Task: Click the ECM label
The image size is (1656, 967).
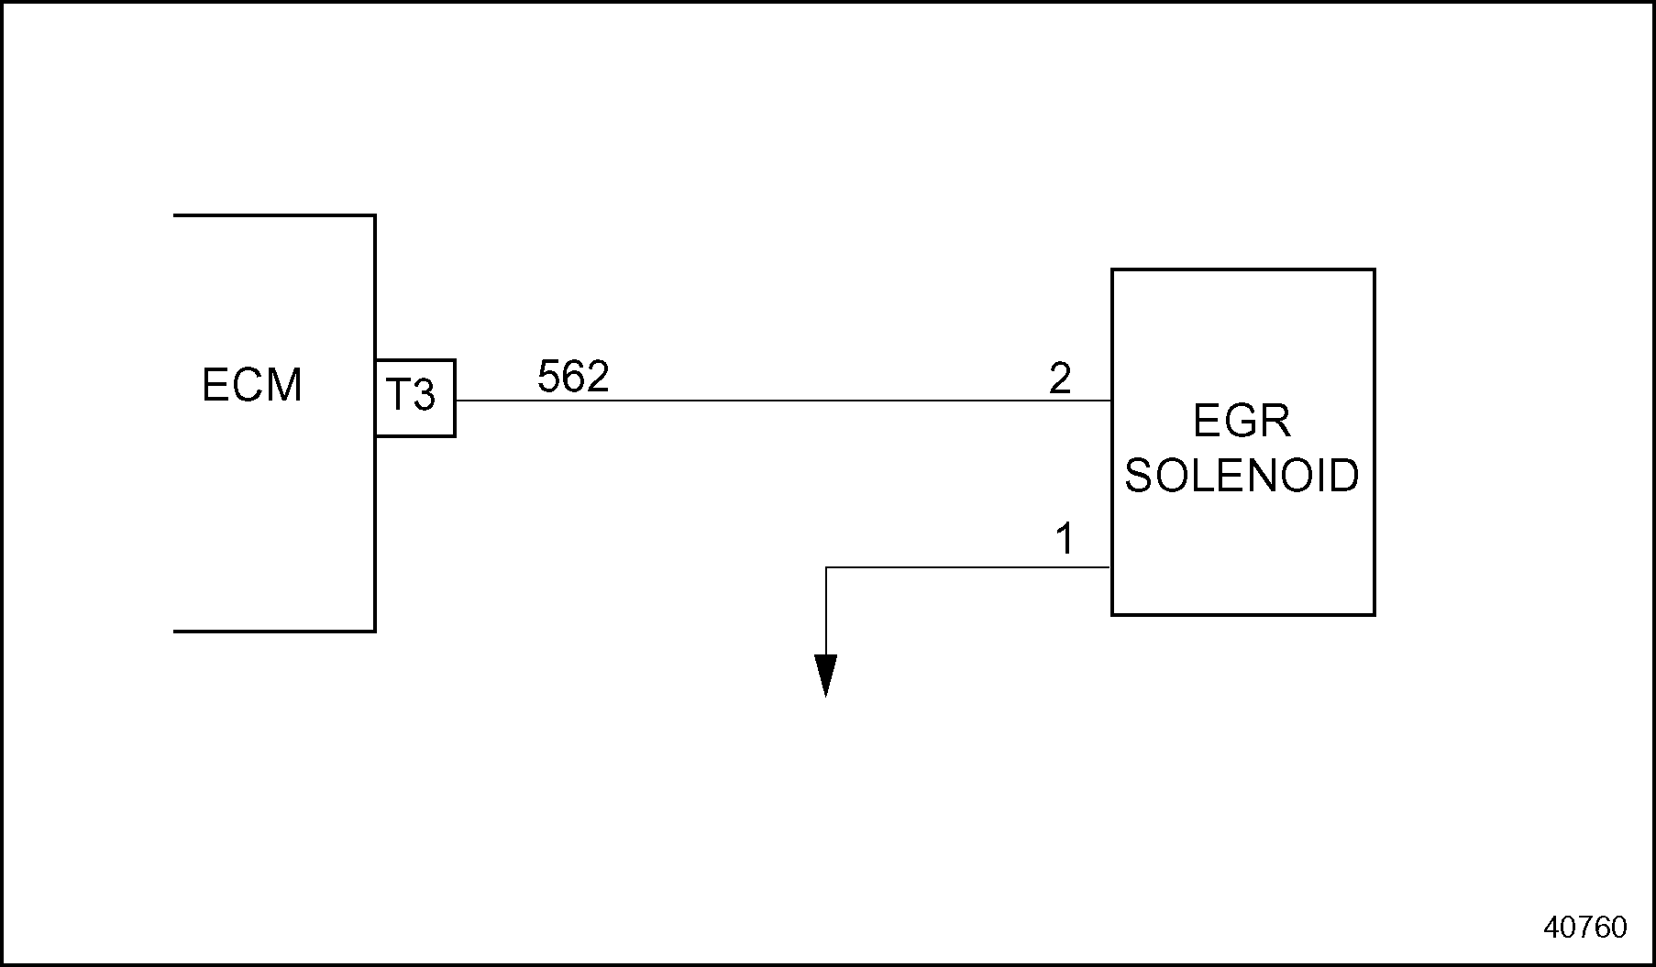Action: (251, 385)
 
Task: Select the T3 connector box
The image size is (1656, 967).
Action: (414, 398)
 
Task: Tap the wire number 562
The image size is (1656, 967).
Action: (573, 377)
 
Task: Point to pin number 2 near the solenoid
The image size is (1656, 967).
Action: (1060, 379)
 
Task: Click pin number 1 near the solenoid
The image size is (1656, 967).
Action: (1065, 540)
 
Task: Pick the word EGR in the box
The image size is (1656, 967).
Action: (1242, 422)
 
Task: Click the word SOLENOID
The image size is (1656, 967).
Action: (1242, 476)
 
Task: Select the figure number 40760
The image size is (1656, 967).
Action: (1585, 928)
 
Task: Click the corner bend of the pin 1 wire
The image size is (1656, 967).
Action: (826, 567)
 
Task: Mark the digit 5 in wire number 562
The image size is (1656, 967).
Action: (549, 377)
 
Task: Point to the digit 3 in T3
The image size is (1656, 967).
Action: (423, 396)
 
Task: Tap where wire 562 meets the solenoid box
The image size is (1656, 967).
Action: (1111, 401)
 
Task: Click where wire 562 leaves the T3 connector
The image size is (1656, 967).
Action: (456, 401)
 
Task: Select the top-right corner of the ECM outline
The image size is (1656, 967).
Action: (375, 215)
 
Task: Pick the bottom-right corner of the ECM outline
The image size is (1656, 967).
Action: (375, 631)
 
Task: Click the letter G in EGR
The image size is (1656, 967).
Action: (1242, 422)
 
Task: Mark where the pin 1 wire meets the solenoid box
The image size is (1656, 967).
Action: (1111, 567)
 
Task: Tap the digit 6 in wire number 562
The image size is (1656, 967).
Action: (573, 377)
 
